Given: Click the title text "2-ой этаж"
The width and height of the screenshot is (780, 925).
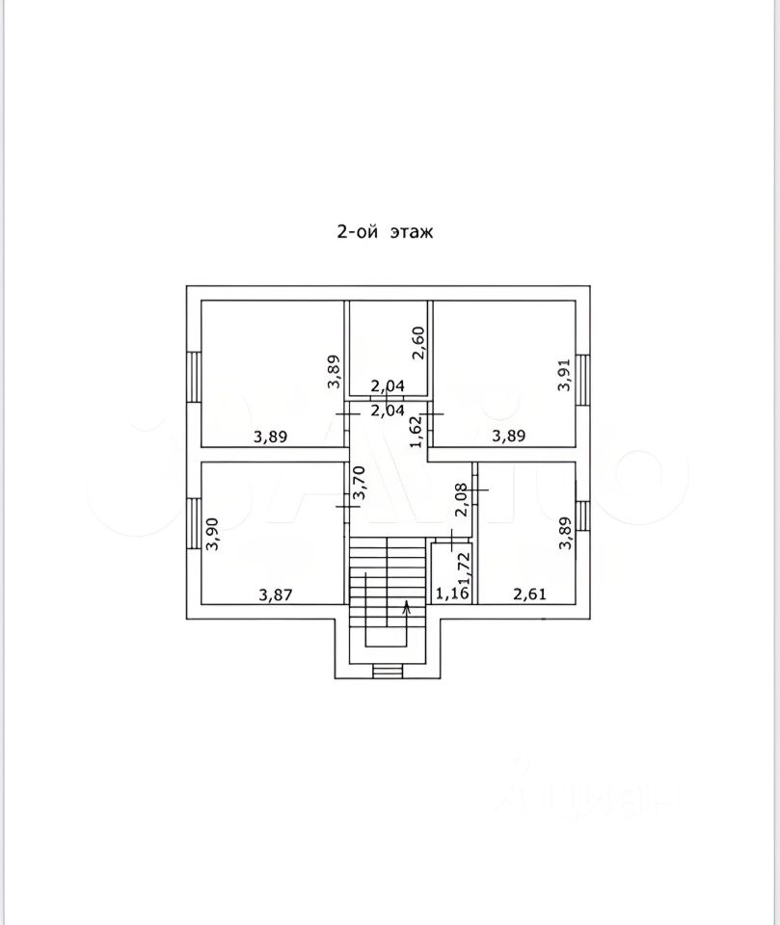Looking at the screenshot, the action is (x=385, y=231).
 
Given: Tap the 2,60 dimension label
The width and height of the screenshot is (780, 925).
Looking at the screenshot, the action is (x=418, y=343).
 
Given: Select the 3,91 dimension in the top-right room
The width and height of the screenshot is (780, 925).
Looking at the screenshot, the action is (x=564, y=375).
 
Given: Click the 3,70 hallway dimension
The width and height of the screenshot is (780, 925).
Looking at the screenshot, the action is (x=359, y=483).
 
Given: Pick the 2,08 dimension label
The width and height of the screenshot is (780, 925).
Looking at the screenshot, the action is (x=462, y=500).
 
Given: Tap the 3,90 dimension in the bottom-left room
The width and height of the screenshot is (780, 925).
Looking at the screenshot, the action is (x=212, y=534).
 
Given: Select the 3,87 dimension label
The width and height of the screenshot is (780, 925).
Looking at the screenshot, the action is (x=276, y=595).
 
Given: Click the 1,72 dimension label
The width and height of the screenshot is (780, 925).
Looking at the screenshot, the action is (x=464, y=567).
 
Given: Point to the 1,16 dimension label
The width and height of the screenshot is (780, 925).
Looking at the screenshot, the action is (x=452, y=594).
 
